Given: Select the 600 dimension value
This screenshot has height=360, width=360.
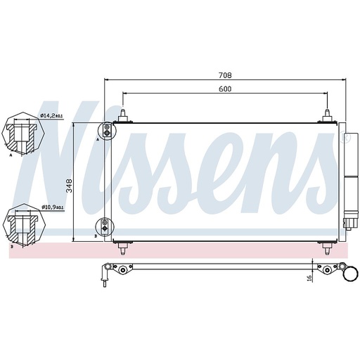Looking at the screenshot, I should tap(225, 89).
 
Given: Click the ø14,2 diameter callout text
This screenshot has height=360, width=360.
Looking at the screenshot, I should tap(51, 115).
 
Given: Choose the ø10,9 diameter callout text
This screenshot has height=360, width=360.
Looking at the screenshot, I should tap(52, 207).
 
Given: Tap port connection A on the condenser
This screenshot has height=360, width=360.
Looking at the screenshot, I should tap(105, 130).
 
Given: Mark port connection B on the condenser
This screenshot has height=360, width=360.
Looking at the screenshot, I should tap(105, 226).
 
